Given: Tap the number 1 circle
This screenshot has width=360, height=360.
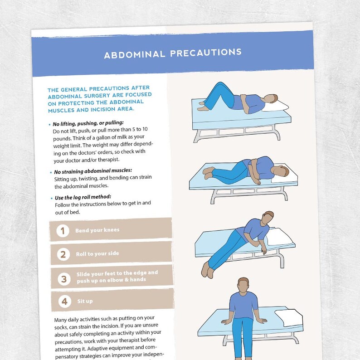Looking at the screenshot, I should [x=63, y=231].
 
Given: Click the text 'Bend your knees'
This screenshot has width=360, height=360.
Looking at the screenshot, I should [x=97, y=230].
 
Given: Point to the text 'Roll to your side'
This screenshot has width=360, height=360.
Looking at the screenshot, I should [x=97, y=254].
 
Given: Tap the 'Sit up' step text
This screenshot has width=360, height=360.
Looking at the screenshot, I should [x=84, y=301].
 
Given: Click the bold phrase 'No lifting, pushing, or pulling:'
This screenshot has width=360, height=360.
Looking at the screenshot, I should [x=88, y=123].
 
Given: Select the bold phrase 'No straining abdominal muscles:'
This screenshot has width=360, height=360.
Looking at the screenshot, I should [x=92, y=171].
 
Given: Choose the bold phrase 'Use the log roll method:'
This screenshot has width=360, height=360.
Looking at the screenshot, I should [x=82, y=197].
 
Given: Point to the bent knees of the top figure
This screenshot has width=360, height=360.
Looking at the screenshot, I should [x=219, y=86].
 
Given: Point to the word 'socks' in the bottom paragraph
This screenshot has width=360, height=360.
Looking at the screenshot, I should [x=61, y=326].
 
